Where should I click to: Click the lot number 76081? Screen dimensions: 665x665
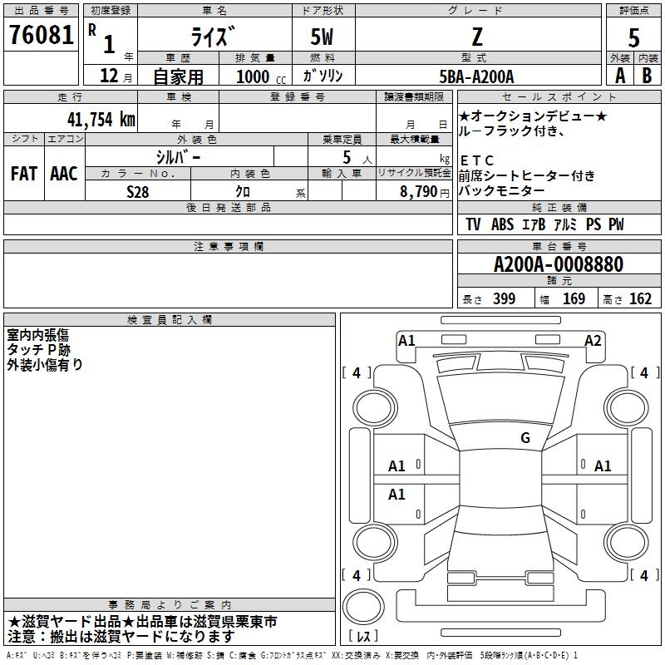pyautogui.click(x=41, y=34)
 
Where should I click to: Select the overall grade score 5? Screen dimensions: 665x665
pyautogui.click(x=633, y=37)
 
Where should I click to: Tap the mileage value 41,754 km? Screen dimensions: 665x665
pyautogui.click(x=101, y=119)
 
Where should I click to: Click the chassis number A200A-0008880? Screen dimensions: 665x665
pyautogui.click(x=559, y=264)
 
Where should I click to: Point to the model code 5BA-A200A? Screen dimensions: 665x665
pyautogui.click(x=476, y=76)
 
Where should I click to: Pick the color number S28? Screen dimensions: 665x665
pyautogui.click(x=137, y=192)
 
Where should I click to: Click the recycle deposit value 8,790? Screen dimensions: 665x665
pyautogui.click(x=419, y=191)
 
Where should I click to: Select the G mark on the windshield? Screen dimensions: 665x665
pyautogui.click(x=525, y=437)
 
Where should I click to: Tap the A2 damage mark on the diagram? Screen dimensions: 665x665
pyautogui.click(x=593, y=341)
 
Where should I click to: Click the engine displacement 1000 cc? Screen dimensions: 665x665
pyautogui.click(x=261, y=76)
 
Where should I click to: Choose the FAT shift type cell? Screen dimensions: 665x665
pyautogui.click(x=24, y=174)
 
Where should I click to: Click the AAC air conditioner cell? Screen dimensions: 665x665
pyautogui.click(x=64, y=174)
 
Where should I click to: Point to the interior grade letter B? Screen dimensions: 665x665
pyautogui.click(x=647, y=76)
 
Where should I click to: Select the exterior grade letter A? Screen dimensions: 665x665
pyautogui.click(x=620, y=76)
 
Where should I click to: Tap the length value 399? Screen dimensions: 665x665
pyautogui.click(x=504, y=298)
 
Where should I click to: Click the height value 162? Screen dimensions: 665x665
pyautogui.click(x=640, y=298)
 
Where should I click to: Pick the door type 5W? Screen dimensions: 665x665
pyautogui.click(x=322, y=37)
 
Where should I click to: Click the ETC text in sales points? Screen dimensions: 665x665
pyautogui.click(x=476, y=160)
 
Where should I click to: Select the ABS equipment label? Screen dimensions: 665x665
pyautogui.click(x=503, y=224)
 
